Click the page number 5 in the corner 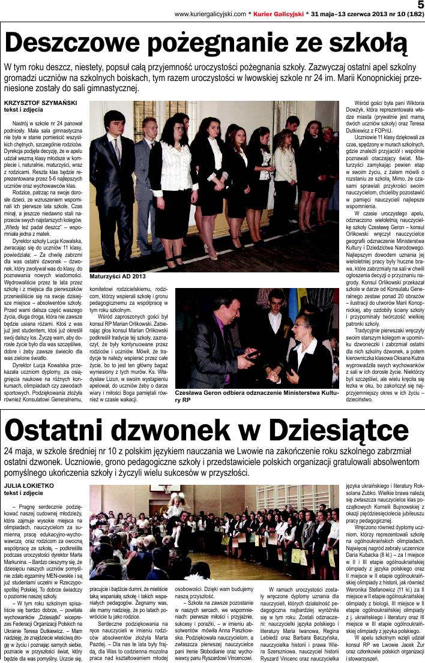click(420, 5)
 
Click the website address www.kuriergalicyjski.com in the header click(210, 13)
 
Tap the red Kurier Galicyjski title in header click(277, 13)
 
